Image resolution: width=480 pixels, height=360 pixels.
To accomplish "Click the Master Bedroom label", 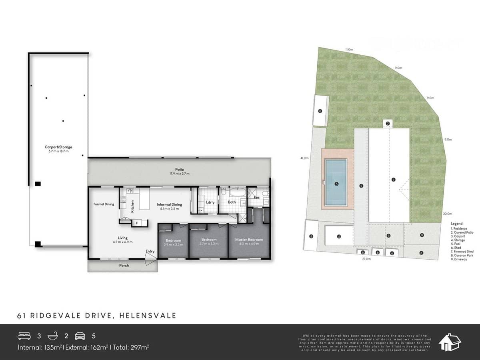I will tap(249, 240).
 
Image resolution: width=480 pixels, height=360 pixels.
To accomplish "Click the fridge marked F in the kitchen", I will tap(137, 223).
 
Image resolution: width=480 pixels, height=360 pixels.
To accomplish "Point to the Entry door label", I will tap(150, 251).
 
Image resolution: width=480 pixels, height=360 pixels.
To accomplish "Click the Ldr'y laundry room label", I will tap(210, 202).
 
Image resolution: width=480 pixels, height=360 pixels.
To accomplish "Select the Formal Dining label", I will tap(104, 204).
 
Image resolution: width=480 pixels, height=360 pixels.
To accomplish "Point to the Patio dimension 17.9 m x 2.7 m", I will tap(179, 174).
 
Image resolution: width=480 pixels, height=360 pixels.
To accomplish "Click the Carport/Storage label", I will tap(58, 147).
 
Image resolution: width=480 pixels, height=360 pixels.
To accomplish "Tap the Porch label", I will tap(124, 266).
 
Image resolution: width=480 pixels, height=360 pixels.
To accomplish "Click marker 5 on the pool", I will tap(336, 184).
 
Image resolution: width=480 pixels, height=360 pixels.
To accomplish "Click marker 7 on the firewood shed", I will tap(388, 123).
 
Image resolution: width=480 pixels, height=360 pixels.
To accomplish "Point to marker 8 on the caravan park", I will tap(422, 252).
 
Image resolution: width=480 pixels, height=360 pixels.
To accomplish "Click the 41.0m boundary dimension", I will tap(304, 158).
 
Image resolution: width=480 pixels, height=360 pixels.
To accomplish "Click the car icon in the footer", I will tap(80, 336).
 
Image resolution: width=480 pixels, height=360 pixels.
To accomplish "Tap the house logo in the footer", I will tap(450, 342).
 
